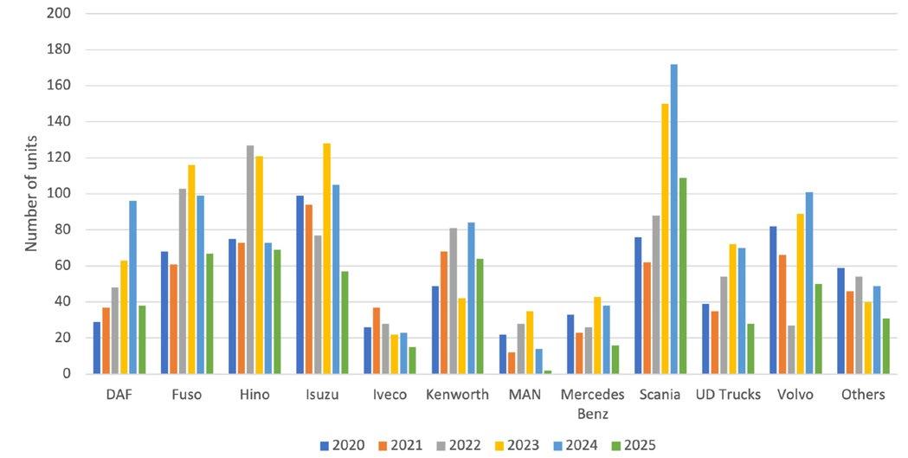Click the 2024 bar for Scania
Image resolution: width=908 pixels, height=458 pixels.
(x=674, y=219)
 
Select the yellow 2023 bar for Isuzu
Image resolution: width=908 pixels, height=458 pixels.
(x=327, y=259)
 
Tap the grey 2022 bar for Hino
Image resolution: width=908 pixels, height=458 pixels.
(x=250, y=260)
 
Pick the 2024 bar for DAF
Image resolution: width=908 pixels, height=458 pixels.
(x=133, y=287)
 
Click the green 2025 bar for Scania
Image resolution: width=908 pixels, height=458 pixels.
(x=683, y=275)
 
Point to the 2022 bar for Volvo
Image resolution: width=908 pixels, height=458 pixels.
(x=791, y=350)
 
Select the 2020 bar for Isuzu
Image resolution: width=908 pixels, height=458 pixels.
(x=300, y=285)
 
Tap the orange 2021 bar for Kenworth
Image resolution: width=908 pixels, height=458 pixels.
(x=444, y=313)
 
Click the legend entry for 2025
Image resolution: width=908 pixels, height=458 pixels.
(x=634, y=445)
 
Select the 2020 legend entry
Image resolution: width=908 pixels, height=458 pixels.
(x=342, y=445)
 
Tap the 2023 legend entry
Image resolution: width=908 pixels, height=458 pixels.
(x=517, y=445)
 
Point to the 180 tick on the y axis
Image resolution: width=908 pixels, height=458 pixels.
(x=59, y=50)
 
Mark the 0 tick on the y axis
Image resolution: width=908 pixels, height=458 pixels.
(x=67, y=374)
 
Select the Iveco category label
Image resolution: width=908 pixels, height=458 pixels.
(x=390, y=395)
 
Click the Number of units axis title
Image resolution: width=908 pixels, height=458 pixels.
(x=31, y=193)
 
